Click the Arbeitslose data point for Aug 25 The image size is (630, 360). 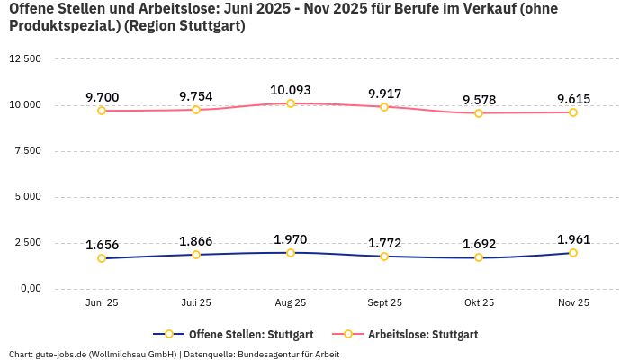291,103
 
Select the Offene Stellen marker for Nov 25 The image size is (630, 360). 572,253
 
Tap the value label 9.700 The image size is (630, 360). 102,97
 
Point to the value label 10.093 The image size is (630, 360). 291,90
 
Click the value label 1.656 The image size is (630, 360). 102,245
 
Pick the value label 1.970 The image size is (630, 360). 291,239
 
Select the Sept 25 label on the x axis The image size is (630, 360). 384,303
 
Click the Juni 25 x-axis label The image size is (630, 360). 102,303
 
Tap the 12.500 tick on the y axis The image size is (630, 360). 25,58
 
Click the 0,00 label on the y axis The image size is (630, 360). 30,288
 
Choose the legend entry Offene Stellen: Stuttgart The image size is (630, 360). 233,334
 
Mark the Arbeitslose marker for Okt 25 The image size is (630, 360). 479,113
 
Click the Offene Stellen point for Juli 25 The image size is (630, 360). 196,255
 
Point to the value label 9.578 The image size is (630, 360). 479,99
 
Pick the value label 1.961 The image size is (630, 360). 572,239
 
